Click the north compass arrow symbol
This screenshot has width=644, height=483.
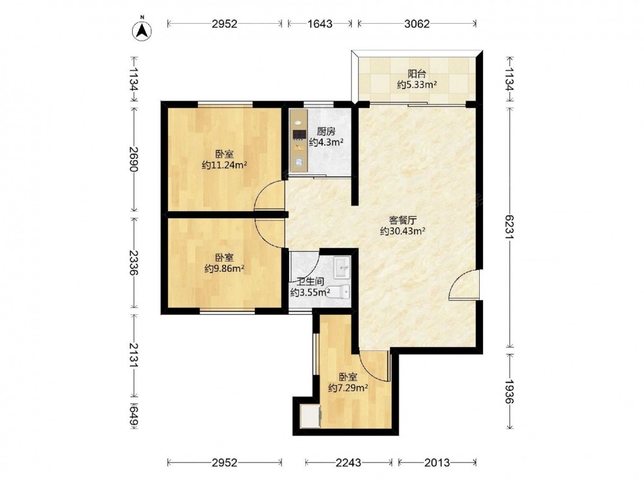click(x=142, y=30)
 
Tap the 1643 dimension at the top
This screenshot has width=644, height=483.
click(x=320, y=24)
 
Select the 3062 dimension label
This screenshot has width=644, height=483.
click(x=417, y=24)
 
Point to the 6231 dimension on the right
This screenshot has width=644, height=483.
click(x=509, y=227)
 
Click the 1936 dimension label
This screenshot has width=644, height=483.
click(x=509, y=391)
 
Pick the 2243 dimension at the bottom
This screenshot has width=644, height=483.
click(x=348, y=463)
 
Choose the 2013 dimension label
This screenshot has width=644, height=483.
click(x=437, y=463)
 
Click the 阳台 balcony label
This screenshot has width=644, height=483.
click(x=417, y=74)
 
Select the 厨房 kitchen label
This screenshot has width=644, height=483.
click(x=326, y=131)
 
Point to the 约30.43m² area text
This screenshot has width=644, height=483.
click(x=402, y=231)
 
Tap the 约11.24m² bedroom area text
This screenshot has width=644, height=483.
click(x=224, y=165)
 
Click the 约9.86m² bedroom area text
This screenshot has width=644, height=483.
click(x=224, y=269)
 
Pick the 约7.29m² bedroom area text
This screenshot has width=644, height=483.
click(x=348, y=387)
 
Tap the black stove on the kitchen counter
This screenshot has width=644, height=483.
click(x=299, y=135)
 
